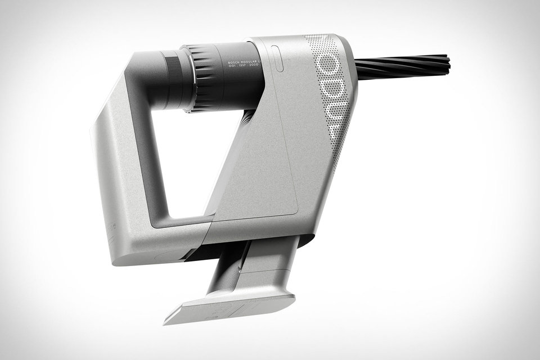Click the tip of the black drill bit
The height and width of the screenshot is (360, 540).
448,63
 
